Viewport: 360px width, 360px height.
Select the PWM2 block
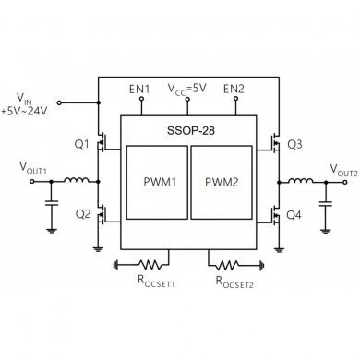click(221, 182)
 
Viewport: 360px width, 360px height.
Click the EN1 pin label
click(139, 90)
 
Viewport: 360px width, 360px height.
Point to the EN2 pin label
click(234, 90)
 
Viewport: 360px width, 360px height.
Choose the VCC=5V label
click(186, 90)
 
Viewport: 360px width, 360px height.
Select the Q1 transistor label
click(81, 144)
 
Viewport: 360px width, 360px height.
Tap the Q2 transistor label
click(81, 214)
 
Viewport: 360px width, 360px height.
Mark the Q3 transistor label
click(294, 144)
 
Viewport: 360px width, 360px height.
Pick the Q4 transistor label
click(294, 215)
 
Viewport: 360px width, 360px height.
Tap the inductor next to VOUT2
click(300, 180)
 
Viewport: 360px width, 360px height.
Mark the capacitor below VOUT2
click(324, 202)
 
